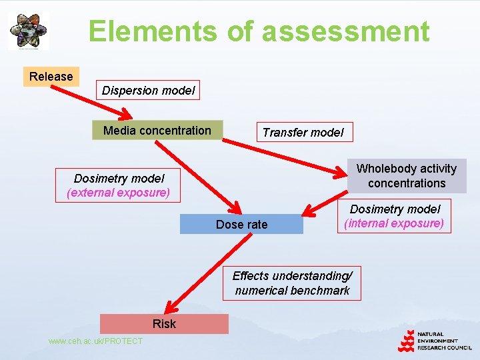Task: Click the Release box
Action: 51,77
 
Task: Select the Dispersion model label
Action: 149,91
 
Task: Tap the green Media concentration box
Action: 157,131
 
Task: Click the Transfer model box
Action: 303,132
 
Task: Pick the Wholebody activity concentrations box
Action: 407,176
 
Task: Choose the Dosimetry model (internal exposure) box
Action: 395,217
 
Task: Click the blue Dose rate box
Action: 241,225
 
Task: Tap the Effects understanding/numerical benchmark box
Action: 292,283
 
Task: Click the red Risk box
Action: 164,324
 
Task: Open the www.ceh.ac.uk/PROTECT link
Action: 95,341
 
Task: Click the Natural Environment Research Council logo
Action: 435,340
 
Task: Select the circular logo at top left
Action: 29,31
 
